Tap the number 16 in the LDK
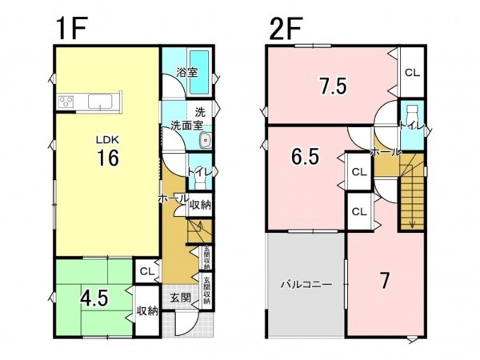pos(109,158)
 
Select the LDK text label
pos(108,138)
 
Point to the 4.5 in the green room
pos(96,295)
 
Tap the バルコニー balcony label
pos(305,283)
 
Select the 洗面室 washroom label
pos(186,126)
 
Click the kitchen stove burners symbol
pos(65,102)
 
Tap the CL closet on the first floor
pos(146,271)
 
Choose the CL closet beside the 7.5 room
pos(412,72)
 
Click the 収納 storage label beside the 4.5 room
pos(146,310)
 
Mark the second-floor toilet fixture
pos(413,112)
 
